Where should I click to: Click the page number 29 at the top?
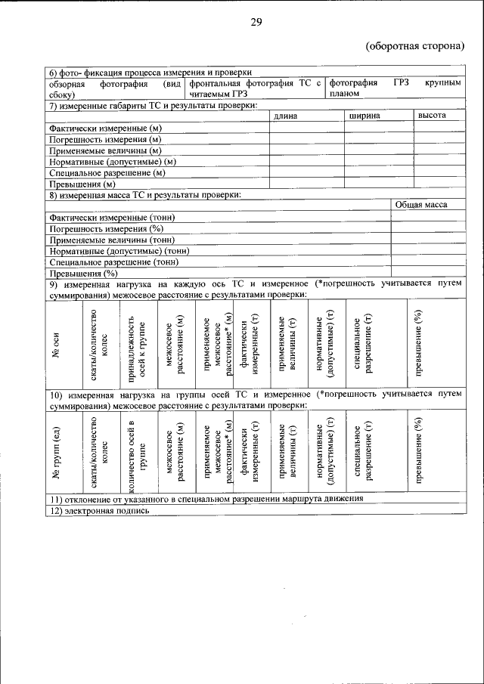point(256,23)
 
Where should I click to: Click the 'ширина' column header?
point(365,116)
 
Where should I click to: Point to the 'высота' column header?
point(432,116)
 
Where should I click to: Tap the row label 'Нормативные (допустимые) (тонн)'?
point(119,250)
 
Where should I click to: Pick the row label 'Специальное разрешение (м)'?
point(107,172)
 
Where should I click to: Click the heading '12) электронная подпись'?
point(99,510)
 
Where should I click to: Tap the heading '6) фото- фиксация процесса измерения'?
point(149,72)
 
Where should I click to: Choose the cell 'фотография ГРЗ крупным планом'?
point(394,88)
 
